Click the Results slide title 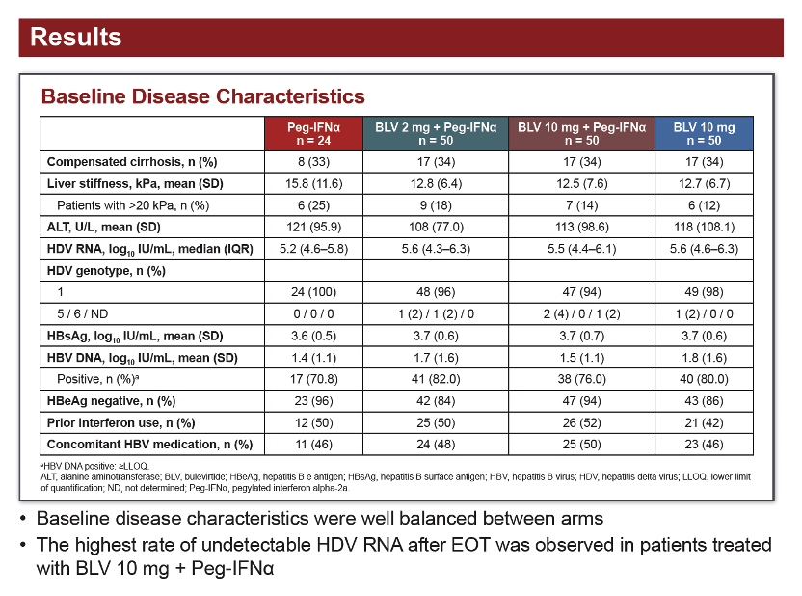tap(76, 38)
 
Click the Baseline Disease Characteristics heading tap(203, 96)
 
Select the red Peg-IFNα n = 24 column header tap(313, 133)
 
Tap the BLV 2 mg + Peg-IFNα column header tap(436, 133)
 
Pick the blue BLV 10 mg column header tap(704, 133)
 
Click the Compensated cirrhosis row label tap(132, 162)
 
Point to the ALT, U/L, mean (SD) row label tap(104, 228)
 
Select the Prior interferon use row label tap(120, 423)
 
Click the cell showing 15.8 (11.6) tap(313, 183)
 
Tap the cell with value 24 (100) tap(313, 292)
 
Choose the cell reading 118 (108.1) tap(704, 228)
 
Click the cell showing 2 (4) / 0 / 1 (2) tap(581, 314)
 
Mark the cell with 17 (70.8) tap(313, 379)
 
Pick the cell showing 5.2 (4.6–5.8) tap(313, 249)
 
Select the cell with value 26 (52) tap(581, 423)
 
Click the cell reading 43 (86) tap(704, 401)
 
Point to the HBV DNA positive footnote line tap(94, 466)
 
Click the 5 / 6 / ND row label tap(82, 314)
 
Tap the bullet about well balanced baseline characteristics tap(320, 519)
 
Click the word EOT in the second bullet tap(470, 545)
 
